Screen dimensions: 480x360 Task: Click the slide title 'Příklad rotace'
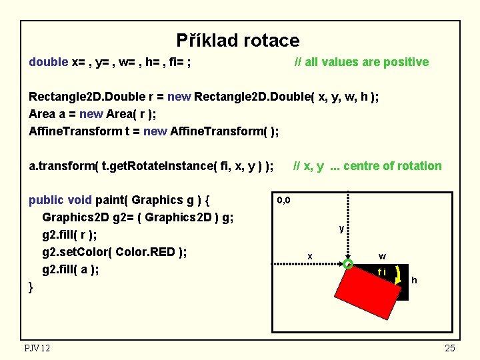(x=238, y=41)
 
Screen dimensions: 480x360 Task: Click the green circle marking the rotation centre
(x=348, y=265)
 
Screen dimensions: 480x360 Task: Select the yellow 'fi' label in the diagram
(x=381, y=272)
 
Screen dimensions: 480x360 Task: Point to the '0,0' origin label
(x=283, y=200)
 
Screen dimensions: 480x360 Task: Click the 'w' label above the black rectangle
(x=381, y=256)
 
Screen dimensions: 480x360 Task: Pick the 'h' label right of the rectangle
(x=414, y=280)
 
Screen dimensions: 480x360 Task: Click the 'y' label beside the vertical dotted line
(x=341, y=229)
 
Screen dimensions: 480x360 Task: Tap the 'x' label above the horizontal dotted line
(x=309, y=256)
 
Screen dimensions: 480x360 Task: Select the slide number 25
(x=450, y=347)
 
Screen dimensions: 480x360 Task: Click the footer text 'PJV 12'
(x=37, y=347)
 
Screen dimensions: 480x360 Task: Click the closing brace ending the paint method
(x=31, y=288)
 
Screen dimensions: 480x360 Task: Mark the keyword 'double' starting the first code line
(x=48, y=62)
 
